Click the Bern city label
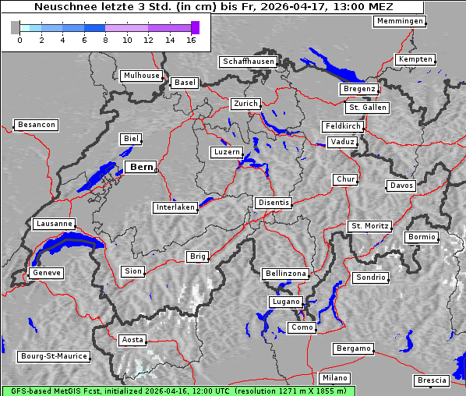(141, 167)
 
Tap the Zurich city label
(245, 104)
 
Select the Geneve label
(46, 273)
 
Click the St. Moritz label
(369, 226)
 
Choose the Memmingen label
(400, 21)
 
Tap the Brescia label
(432, 380)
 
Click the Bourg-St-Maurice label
(54, 355)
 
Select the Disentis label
(274, 203)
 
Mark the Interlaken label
(175, 207)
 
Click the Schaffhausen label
(248, 61)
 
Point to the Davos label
(402, 186)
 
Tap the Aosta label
(132, 340)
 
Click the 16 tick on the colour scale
(191, 40)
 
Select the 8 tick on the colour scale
(105, 40)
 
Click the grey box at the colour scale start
(16, 28)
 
